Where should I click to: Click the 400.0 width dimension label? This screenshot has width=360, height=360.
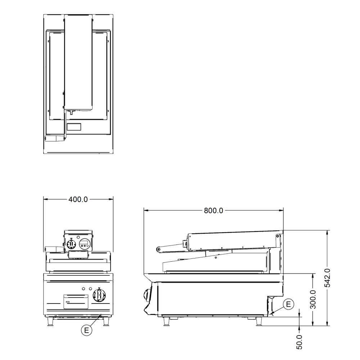(x=78, y=199)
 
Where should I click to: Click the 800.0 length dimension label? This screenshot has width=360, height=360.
(x=213, y=210)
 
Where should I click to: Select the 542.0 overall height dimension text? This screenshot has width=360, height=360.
(x=327, y=278)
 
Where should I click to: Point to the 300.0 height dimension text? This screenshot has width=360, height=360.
(x=313, y=300)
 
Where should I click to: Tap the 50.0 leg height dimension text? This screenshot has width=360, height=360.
(x=299, y=342)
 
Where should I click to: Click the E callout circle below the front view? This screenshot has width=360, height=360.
(x=86, y=330)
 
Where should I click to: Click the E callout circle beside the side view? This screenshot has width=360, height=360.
(x=288, y=304)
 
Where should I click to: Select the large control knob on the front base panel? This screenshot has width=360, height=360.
(x=99, y=295)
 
